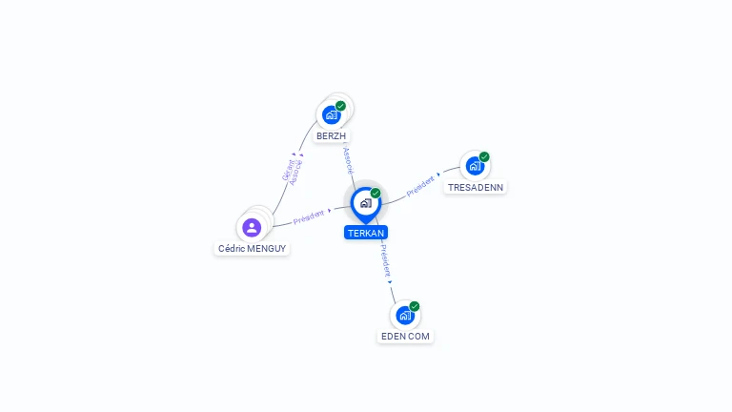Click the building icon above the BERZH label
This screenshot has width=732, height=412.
(x=332, y=115)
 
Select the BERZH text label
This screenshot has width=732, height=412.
(x=332, y=136)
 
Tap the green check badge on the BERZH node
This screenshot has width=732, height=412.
(x=340, y=106)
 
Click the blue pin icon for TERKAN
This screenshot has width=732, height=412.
(x=365, y=203)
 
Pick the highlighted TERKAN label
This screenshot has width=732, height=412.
(x=366, y=233)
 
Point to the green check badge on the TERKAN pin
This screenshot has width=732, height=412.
(x=376, y=194)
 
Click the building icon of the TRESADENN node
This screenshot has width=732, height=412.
(x=475, y=166)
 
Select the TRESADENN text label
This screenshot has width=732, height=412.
(x=476, y=187)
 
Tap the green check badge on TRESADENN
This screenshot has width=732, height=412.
(x=484, y=156)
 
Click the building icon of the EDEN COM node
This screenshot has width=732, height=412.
(x=405, y=315)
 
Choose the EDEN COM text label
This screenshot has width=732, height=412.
(x=406, y=336)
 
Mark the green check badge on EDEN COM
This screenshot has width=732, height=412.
(x=415, y=306)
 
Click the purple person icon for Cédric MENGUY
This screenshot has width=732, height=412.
(x=252, y=227)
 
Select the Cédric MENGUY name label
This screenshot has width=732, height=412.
(x=252, y=248)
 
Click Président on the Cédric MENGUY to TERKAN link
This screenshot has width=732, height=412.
(x=309, y=216)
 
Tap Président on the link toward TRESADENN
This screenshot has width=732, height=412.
(x=420, y=186)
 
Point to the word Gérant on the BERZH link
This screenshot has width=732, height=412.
(x=288, y=170)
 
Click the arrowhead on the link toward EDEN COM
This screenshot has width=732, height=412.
(x=390, y=281)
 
